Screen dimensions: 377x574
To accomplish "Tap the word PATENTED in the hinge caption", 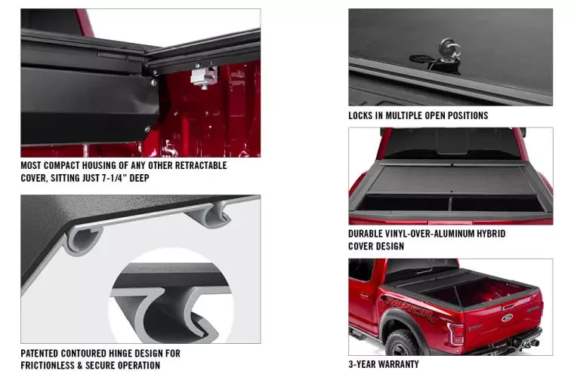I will pyautogui.click(x=46, y=353).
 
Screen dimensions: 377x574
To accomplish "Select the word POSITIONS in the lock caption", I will pyautogui.click(x=464, y=116).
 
